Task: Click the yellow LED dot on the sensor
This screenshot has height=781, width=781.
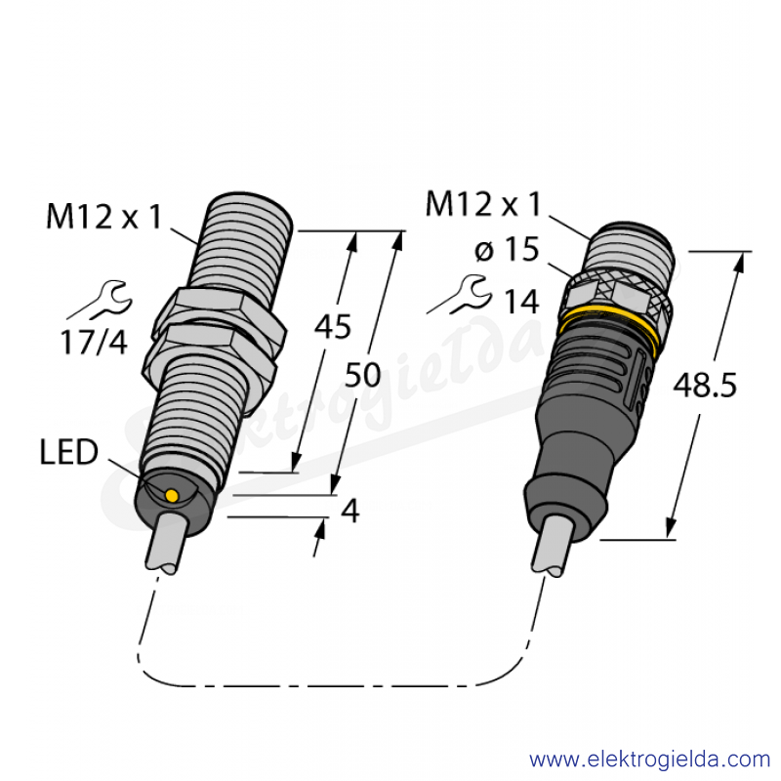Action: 172,495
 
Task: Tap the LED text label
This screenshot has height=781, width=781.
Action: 68,452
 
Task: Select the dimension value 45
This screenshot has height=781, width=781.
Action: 333,327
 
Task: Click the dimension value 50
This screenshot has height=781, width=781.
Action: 362,375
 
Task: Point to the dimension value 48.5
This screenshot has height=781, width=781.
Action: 704,386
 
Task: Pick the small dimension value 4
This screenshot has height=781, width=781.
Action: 350,511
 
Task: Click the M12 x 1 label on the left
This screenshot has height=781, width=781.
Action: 104,217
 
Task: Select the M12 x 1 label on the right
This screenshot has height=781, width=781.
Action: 482,204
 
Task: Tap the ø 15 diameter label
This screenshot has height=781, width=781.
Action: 507,249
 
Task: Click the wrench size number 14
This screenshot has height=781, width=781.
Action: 521,302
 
